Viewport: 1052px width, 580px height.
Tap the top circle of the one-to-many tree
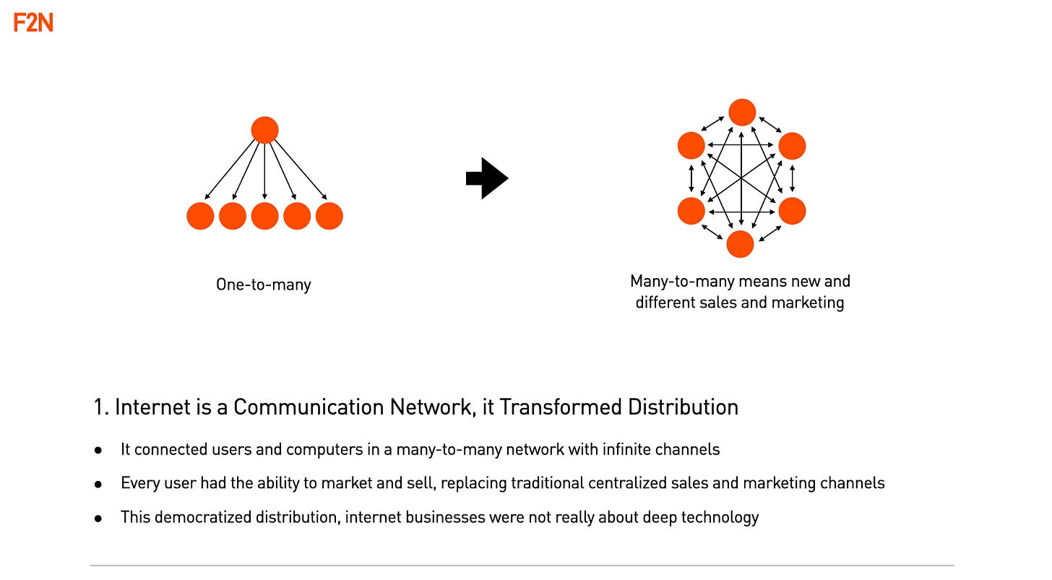[264, 130]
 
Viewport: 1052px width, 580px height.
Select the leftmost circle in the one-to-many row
[200, 216]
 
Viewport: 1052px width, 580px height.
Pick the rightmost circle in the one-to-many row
[329, 216]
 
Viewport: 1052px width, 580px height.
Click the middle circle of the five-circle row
[264, 216]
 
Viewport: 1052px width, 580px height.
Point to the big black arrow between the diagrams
[488, 178]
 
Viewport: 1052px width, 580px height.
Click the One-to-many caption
[264, 285]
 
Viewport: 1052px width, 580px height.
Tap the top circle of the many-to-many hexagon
[742, 112]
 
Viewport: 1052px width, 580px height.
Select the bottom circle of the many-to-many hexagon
[740, 244]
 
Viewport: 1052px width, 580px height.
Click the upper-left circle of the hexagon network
[691, 145]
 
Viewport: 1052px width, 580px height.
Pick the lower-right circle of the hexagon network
[792, 211]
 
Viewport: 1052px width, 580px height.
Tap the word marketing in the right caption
[808, 302]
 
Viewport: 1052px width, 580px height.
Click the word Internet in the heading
[152, 407]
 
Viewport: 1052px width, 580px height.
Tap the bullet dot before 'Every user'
[98, 484]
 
